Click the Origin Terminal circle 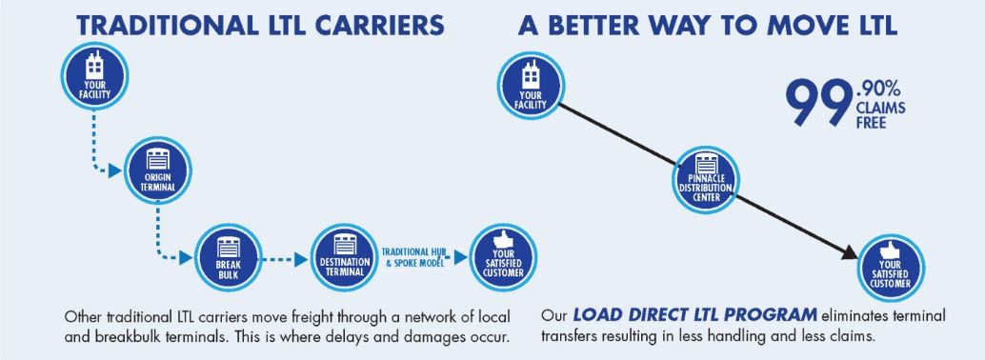pos(158,170)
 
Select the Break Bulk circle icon pos(227,257)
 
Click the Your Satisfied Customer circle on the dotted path pos(504,257)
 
